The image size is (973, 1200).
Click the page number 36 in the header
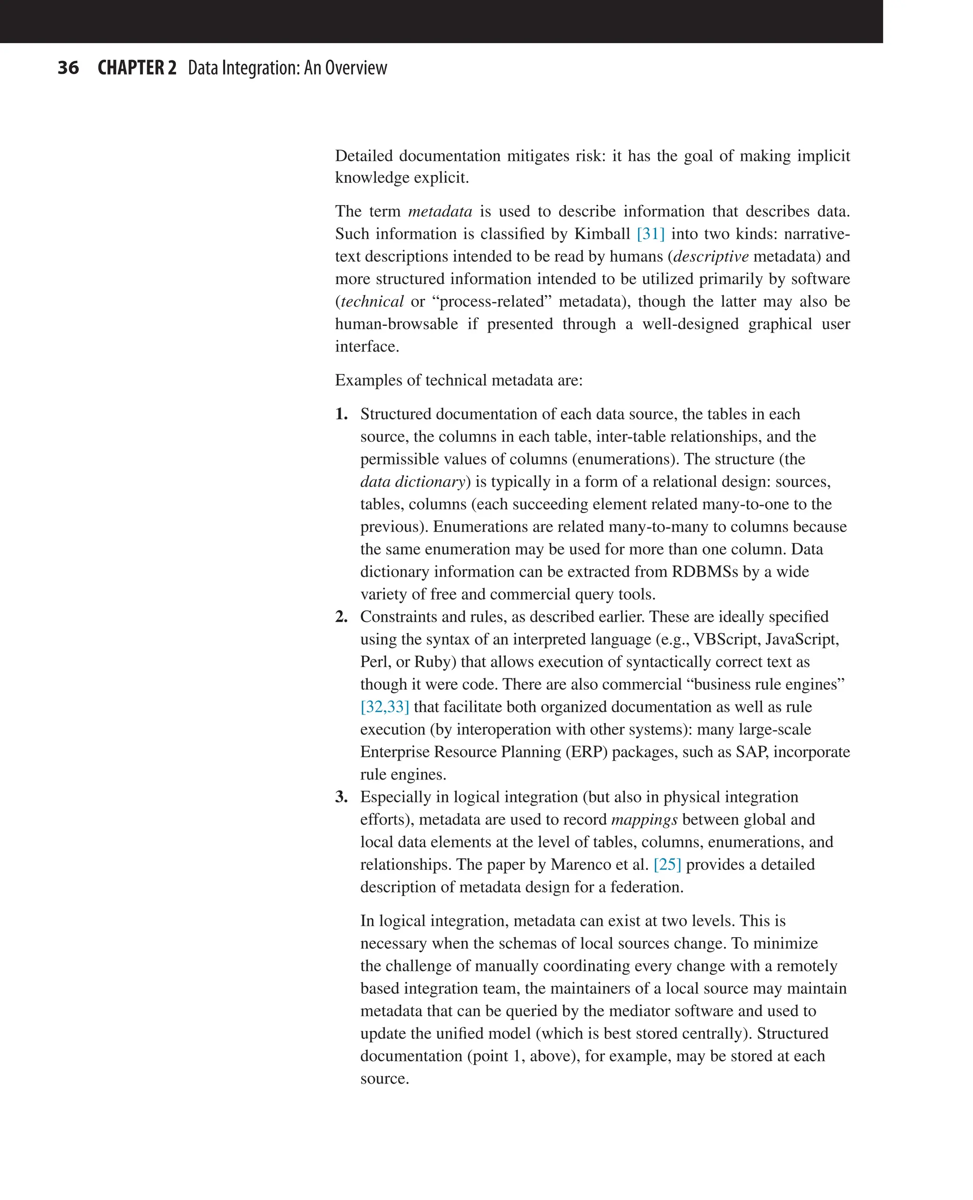pos(68,68)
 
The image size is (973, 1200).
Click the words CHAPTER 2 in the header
pos(137,68)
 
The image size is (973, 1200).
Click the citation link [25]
pos(667,864)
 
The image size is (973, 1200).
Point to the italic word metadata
pos(440,211)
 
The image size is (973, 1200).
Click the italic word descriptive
pos(711,256)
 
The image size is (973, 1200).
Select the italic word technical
pos(372,302)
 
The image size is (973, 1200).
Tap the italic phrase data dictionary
pos(413,481)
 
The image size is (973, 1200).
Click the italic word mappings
pos(644,819)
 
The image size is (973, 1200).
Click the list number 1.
pos(341,414)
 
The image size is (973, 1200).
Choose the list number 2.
pos(341,617)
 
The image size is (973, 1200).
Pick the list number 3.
pos(341,797)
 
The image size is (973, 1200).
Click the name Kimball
pos(602,234)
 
